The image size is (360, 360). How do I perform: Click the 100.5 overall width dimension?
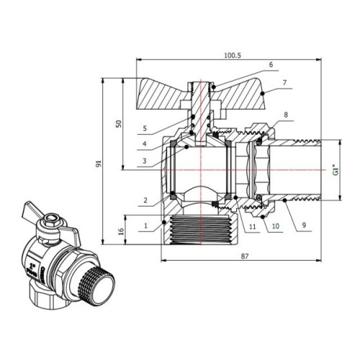232,55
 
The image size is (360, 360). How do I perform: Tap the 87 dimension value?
245,256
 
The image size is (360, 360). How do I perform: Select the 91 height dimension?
99,163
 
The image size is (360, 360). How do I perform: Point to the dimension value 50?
119,124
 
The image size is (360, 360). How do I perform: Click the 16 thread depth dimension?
121,230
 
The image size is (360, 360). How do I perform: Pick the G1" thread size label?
336,170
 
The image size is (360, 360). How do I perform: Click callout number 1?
145,225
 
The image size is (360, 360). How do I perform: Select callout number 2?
145,200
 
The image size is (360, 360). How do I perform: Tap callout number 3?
144,161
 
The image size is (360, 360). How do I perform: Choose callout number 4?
144,144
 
